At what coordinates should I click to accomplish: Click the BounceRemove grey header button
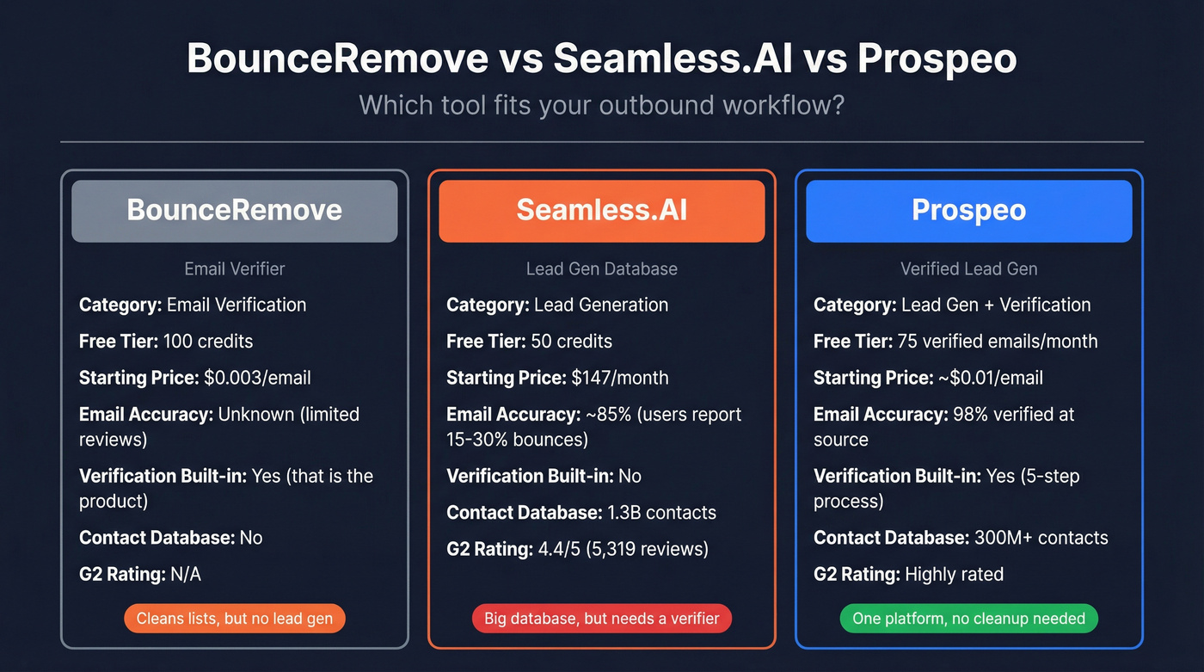(234, 211)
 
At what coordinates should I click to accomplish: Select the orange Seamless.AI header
(601, 211)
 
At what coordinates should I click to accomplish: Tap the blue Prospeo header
(968, 211)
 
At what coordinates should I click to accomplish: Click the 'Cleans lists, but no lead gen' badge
(234, 619)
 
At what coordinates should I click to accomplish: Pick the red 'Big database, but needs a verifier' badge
(601, 619)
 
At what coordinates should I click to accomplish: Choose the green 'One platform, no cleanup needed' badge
(968, 619)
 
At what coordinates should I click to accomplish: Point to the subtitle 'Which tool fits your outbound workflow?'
(601, 105)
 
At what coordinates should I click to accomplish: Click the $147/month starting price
(619, 378)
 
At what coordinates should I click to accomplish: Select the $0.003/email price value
(257, 378)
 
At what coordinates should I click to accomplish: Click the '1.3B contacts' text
(661, 513)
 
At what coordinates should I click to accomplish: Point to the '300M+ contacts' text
(1041, 539)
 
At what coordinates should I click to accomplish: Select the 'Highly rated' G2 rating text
(954, 574)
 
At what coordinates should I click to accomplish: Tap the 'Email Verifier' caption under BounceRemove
(234, 268)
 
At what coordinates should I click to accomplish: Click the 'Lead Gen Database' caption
(601, 268)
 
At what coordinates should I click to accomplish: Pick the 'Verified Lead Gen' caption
(968, 268)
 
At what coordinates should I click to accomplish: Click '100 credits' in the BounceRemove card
(208, 342)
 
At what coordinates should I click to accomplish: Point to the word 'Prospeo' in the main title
(937, 59)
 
